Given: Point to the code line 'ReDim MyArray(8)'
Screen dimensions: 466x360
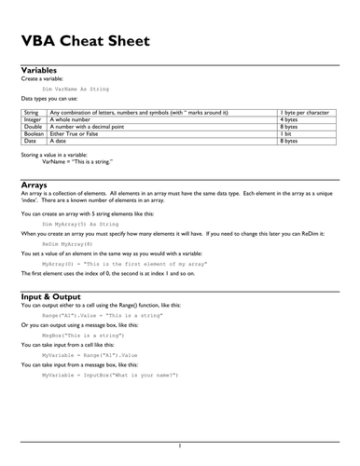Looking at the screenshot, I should tap(69, 245).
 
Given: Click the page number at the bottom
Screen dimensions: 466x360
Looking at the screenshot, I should tap(179, 445).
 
